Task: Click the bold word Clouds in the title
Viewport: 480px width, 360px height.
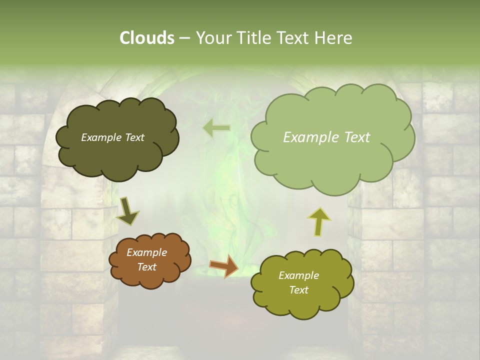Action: (x=146, y=38)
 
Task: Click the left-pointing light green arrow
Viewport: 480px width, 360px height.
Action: (x=216, y=128)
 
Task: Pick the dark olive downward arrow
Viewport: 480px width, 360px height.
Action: (x=127, y=210)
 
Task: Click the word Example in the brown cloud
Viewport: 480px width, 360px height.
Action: (x=146, y=252)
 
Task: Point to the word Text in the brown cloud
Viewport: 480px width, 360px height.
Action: (x=146, y=267)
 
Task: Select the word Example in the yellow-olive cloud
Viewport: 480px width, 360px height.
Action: (x=298, y=275)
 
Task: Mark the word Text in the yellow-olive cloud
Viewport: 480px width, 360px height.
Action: (x=298, y=290)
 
